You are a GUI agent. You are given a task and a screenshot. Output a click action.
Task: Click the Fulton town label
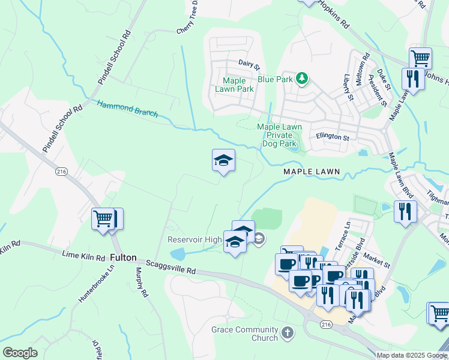(123, 257)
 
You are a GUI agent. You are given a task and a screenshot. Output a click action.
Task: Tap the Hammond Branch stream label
(127, 109)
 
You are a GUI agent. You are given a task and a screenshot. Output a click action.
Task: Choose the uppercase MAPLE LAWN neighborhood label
(312, 172)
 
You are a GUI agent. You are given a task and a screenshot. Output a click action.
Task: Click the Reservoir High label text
(194, 240)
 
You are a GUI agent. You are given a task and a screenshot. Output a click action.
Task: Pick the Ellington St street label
(333, 137)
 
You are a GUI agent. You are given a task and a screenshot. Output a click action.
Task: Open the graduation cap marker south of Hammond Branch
(223, 161)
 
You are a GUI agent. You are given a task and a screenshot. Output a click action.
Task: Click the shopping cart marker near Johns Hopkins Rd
(420, 59)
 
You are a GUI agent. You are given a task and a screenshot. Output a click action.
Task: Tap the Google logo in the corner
(20, 353)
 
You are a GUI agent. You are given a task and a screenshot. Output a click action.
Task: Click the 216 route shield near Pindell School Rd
(61, 171)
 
